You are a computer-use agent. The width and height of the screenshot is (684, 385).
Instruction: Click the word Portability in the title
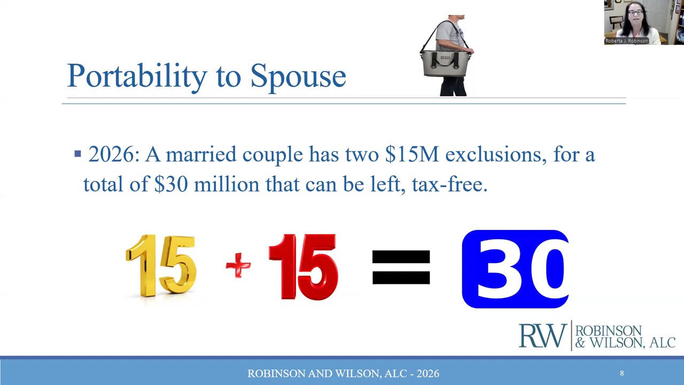[136, 76]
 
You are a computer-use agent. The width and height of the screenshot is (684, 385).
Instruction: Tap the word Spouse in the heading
[298, 76]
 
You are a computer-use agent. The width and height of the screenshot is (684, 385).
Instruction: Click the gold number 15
[161, 265]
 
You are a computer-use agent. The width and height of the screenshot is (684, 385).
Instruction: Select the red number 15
[303, 266]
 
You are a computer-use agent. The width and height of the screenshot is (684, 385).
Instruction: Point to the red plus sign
[238, 265]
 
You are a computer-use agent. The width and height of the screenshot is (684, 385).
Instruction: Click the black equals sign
[401, 267]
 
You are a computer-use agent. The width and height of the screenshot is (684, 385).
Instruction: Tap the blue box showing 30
[515, 269]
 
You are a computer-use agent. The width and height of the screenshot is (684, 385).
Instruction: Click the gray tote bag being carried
[446, 64]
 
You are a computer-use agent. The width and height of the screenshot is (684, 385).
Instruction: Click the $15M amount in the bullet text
[411, 155]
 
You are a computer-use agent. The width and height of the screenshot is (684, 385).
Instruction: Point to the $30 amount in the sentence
[171, 184]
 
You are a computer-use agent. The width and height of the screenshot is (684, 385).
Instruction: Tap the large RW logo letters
[542, 336]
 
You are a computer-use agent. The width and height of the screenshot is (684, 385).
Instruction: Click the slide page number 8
[621, 373]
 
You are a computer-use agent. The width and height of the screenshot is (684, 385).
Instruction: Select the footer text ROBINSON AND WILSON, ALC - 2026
[343, 373]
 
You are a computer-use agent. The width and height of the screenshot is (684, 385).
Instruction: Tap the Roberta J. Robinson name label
[626, 41]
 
